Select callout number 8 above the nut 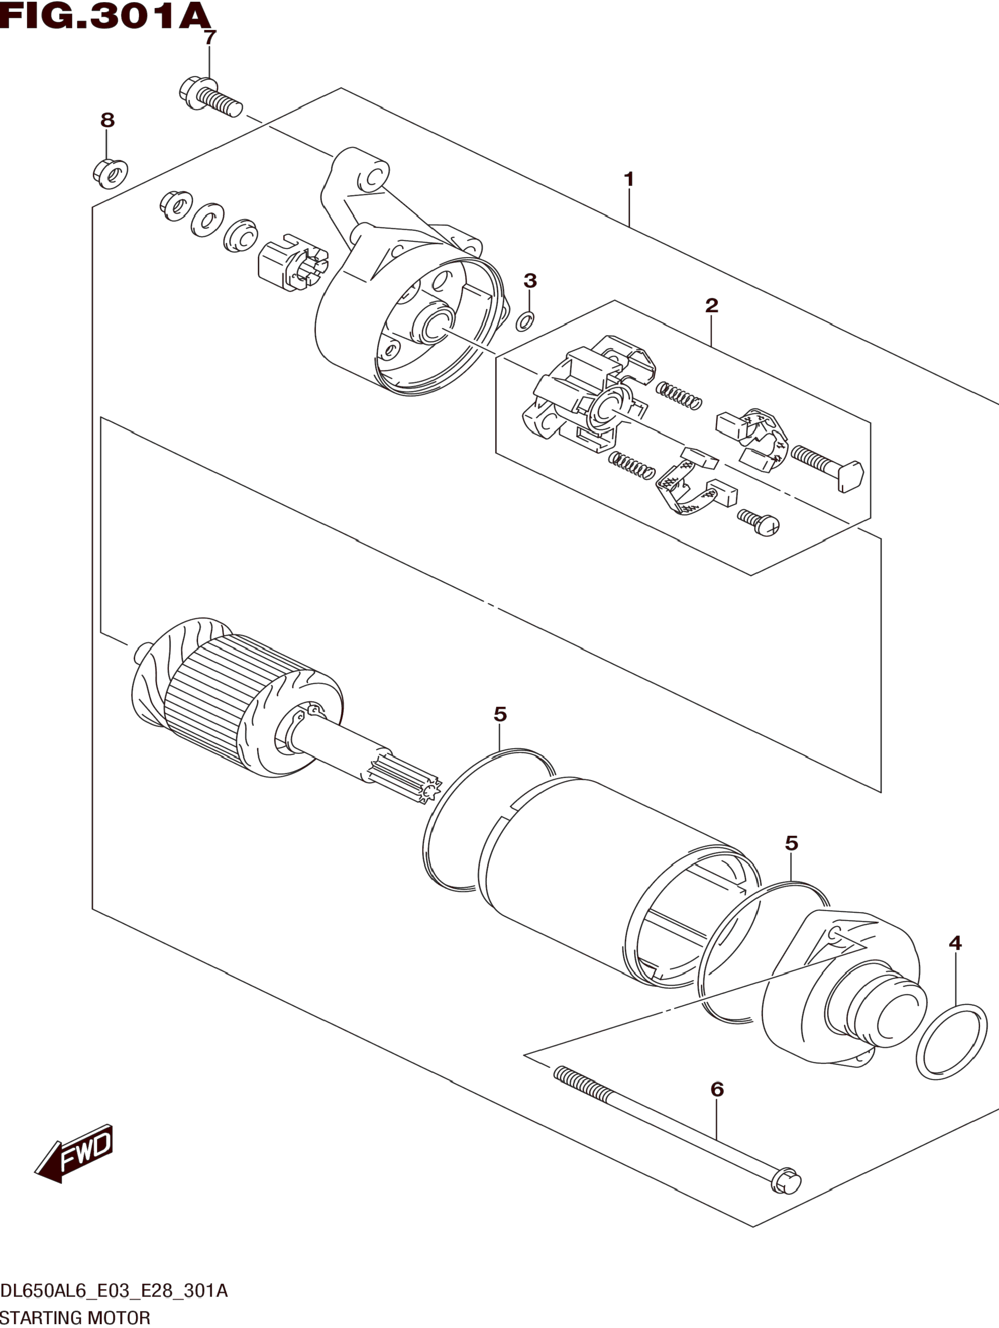(x=107, y=121)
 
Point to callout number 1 (x=629, y=179)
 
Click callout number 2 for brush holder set (x=711, y=306)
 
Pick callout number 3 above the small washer (x=530, y=281)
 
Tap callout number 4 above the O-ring (x=955, y=943)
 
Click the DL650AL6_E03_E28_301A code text (x=114, y=1289)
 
